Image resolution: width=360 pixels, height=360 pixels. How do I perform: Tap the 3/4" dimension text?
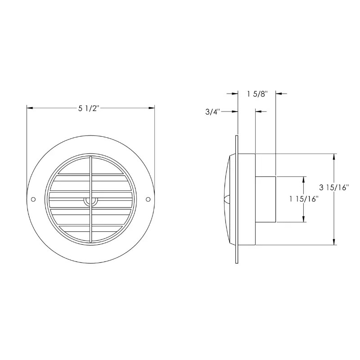click(211, 112)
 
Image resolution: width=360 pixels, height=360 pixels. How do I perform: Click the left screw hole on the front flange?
click(33, 199)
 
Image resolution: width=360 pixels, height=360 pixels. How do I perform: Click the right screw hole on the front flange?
click(148, 199)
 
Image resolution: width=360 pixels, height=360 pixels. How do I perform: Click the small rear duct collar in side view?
click(265, 199)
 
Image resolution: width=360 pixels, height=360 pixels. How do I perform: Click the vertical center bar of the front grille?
click(91, 180)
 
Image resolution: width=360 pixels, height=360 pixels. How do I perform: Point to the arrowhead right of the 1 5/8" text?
click(279, 94)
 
